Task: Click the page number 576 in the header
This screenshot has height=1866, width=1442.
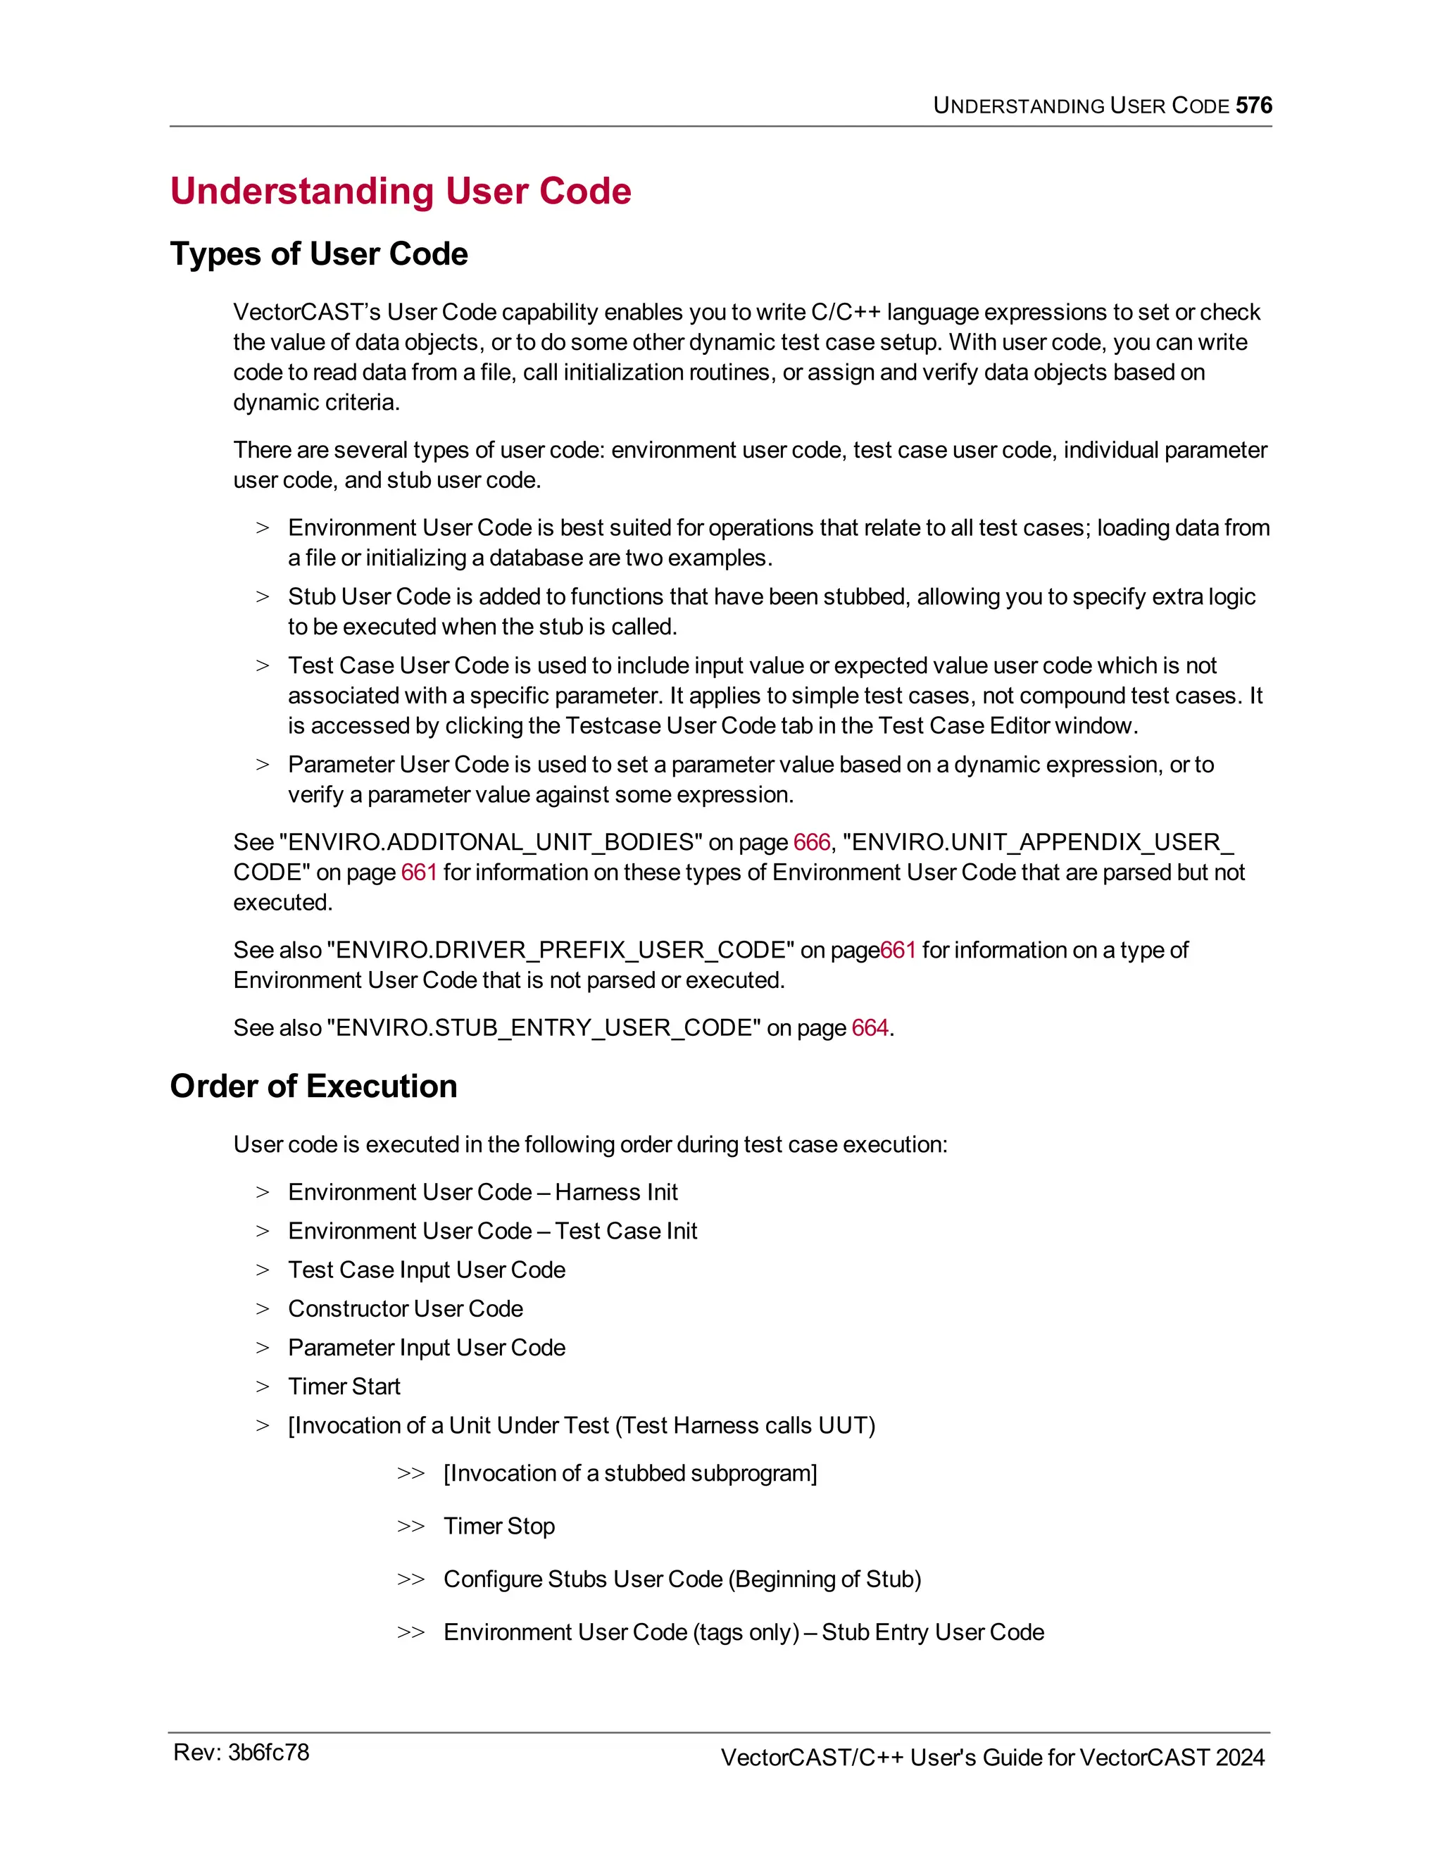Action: (1253, 105)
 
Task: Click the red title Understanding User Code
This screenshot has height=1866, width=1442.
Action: (400, 191)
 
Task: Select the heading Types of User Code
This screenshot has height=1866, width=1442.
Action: (319, 253)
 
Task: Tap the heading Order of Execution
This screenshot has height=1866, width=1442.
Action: (313, 1086)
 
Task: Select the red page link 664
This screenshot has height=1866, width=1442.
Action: (870, 1028)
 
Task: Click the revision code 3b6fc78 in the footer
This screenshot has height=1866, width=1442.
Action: (268, 1753)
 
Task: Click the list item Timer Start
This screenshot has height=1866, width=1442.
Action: (344, 1386)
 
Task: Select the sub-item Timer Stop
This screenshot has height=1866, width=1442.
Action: (499, 1526)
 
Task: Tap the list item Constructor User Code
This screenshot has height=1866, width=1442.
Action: (405, 1309)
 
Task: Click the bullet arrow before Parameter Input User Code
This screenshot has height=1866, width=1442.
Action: (262, 1348)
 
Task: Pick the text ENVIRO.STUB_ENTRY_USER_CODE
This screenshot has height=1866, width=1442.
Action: (544, 1028)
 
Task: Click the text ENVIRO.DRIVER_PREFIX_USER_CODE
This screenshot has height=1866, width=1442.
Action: (560, 950)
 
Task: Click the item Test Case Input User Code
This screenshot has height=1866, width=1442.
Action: (426, 1270)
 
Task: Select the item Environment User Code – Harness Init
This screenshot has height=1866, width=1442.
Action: (482, 1193)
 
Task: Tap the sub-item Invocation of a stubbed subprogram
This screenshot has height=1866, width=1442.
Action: (629, 1474)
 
